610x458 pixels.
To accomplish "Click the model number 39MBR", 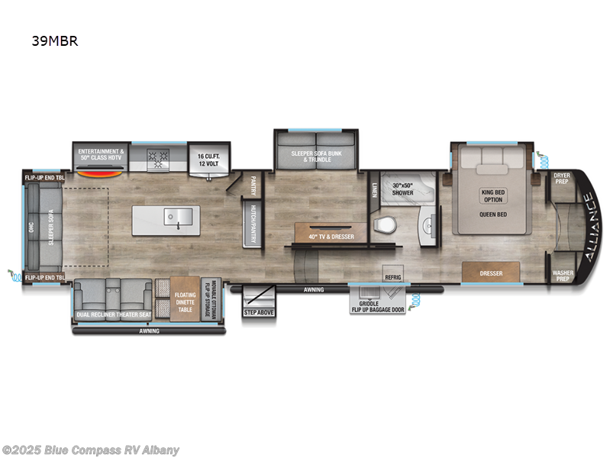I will coord(56,41).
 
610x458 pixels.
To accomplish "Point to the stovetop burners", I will coord(160,160).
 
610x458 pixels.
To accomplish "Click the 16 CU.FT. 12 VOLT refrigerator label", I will coord(203,155).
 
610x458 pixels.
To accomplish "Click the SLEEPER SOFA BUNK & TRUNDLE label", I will coord(313,156).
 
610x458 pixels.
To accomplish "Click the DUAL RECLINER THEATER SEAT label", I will coord(112,314).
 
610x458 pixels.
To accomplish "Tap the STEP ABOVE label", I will coord(258,311).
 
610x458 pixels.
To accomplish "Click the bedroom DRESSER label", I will coord(490,272).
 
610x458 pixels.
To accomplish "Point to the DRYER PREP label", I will coord(561,179).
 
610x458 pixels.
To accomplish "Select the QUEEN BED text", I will coord(492,214).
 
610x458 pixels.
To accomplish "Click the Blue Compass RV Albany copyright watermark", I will coord(91,450).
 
